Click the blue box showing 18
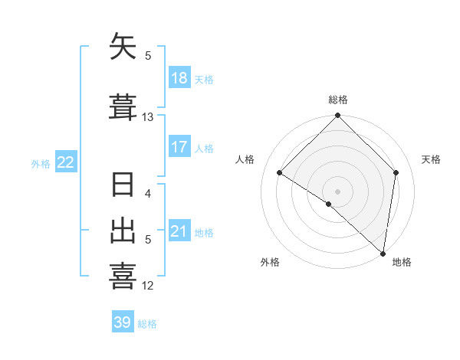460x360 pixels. tap(179, 78)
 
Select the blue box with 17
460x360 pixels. tap(179, 147)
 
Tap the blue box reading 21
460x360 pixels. tap(179, 231)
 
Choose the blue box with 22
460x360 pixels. tap(65, 162)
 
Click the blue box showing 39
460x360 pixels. tap(123, 322)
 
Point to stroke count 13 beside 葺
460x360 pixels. tap(148, 117)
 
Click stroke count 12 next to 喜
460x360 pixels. tap(148, 286)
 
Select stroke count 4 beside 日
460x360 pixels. tap(148, 193)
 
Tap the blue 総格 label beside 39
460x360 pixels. tap(147, 324)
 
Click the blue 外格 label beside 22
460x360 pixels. tap(41, 163)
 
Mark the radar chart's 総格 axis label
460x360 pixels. tap(338, 100)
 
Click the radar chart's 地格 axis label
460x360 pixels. tap(402, 262)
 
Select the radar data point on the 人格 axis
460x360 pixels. tap(280, 173)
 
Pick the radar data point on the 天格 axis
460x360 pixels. tap(396, 172)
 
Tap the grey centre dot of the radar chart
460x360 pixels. tap(338, 191)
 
